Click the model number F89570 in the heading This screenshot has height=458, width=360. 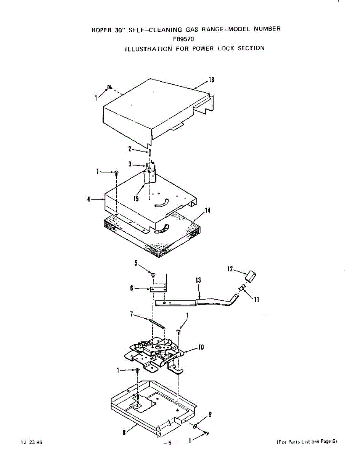tap(183, 38)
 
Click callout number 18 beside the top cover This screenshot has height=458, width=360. tap(211, 79)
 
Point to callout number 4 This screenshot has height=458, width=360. tap(89, 199)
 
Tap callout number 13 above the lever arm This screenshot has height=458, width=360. tap(198, 280)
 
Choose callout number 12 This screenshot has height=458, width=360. tap(230, 269)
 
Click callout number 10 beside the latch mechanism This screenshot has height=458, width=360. tap(201, 347)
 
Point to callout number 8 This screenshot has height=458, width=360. tap(124, 432)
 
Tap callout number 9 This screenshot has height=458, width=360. tap(210, 415)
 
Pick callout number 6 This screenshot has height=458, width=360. tap(132, 289)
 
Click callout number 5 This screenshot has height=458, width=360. tap(136, 263)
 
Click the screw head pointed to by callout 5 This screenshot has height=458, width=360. tap(153, 274)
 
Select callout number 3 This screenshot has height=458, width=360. tap(130, 164)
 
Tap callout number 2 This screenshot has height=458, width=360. tap(130, 149)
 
